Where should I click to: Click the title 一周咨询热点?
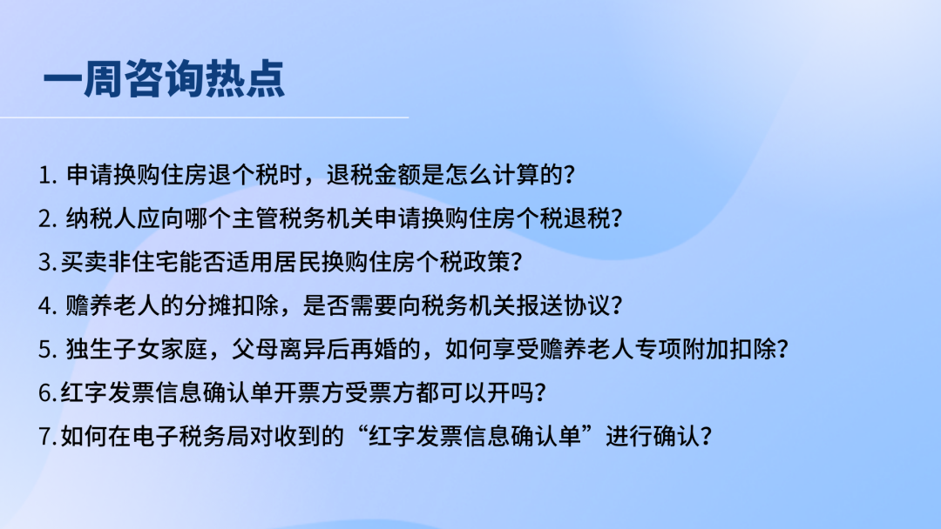pyautogui.click(x=164, y=78)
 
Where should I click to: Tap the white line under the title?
pyautogui.click(x=204, y=117)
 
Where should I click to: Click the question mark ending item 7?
pyautogui.click(x=707, y=436)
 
